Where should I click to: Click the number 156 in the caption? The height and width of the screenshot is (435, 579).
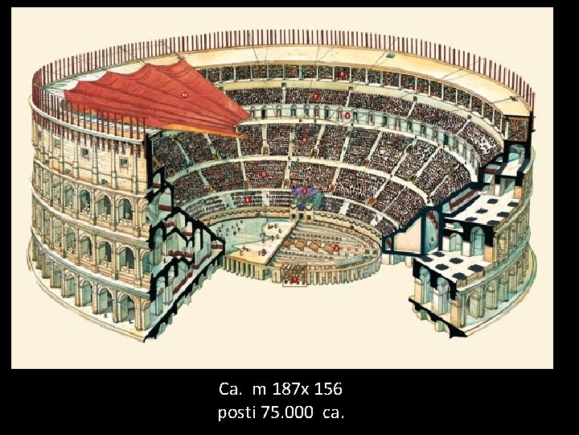[x=326, y=390]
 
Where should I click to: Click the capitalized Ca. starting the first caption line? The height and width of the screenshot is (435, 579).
[x=230, y=390]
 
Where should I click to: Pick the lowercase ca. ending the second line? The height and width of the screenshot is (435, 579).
[x=333, y=413]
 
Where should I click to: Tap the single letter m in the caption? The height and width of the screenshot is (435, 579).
[x=258, y=390]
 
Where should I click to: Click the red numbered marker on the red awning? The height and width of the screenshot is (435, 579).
[x=184, y=94]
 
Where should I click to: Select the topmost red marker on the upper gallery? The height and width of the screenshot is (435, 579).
[x=343, y=75]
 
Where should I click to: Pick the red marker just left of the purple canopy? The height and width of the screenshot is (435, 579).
[x=248, y=199]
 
